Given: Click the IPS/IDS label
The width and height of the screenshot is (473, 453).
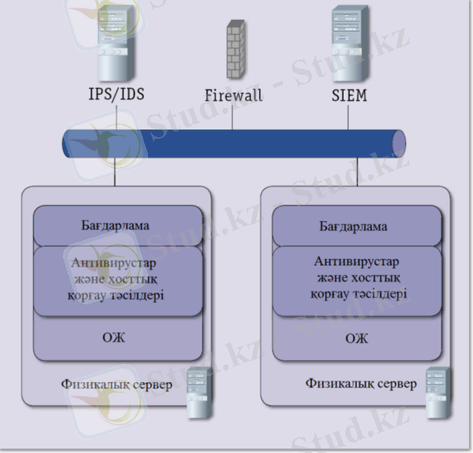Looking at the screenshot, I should click(116, 96).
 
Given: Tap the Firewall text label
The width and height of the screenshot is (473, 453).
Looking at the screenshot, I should click(233, 97).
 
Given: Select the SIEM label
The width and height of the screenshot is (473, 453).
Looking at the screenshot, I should click(349, 96).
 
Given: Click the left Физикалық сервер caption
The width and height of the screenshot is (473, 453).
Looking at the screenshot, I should click(116, 385).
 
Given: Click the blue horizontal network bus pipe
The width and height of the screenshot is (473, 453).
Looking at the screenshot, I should click(234, 144).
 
